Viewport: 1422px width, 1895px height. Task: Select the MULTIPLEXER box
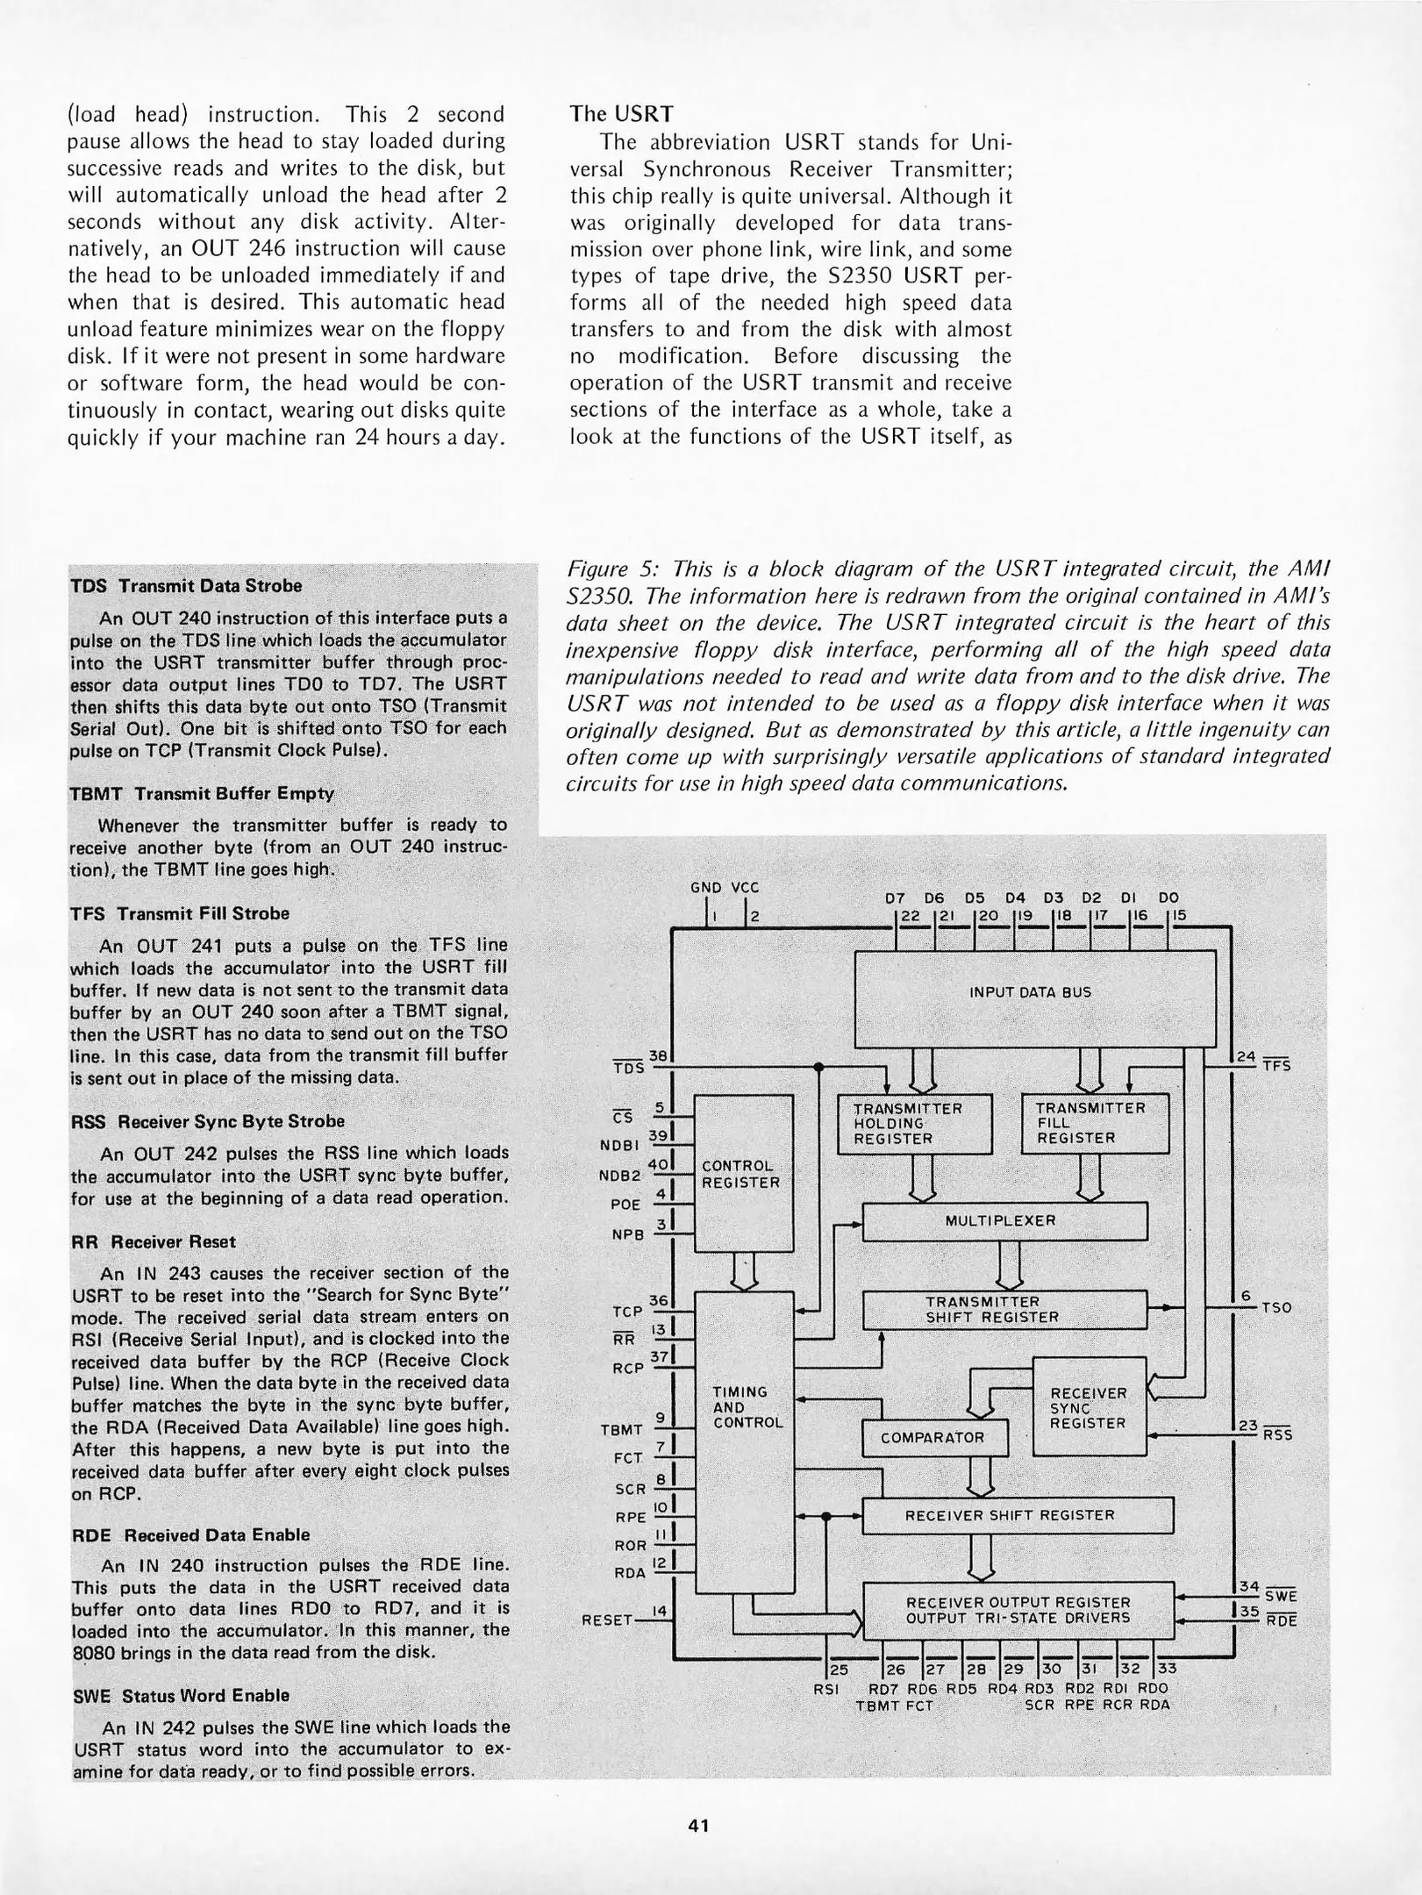tap(1005, 1220)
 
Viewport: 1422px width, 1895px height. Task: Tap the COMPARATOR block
tap(933, 1437)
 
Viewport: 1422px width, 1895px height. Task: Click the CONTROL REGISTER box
tap(742, 1173)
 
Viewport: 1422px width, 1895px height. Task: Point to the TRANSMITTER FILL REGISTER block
tap(1095, 1123)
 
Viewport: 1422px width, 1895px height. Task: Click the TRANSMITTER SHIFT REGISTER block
tap(1005, 1309)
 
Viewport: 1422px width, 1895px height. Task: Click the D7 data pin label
tap(894, 897)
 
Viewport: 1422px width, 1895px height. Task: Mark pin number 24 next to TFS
tap(1246, 1056)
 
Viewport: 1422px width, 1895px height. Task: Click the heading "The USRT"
tap(621, 114)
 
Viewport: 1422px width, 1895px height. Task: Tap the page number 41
tap(698, 1826)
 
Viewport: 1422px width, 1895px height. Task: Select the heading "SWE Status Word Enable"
tap(180, 1695)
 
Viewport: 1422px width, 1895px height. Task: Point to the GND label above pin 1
tap(705, 886)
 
